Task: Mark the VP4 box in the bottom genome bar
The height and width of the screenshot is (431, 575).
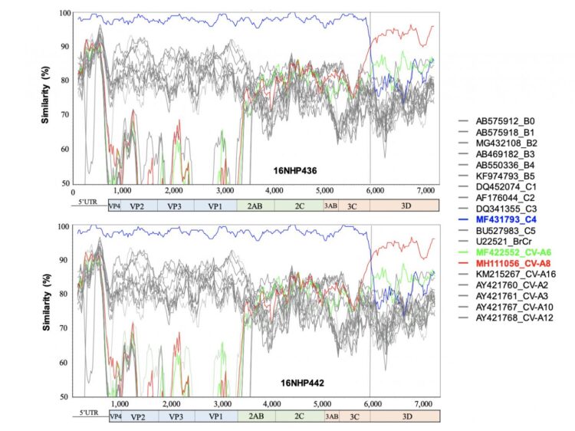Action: [x=115, y=416]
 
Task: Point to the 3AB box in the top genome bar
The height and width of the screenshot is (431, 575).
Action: [x=330, y=206]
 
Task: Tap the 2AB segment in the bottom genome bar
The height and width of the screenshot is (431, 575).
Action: [x=253, y=416]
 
